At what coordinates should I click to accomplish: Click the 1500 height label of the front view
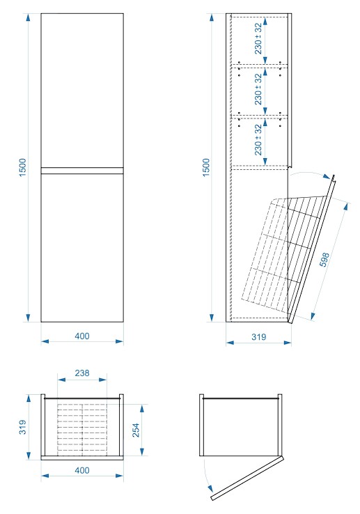[22, 168]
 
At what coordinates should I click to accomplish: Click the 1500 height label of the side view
[206, 168]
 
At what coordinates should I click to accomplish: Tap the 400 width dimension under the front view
[82, 336]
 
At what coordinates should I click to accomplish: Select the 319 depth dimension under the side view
[259, 337]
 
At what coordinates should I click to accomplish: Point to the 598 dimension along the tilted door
[324, 260]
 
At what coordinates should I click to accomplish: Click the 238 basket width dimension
[82, 373]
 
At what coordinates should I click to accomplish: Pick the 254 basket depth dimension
[136, 430]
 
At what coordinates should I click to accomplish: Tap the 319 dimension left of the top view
[22, 427]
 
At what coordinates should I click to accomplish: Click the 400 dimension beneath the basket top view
[82, 470]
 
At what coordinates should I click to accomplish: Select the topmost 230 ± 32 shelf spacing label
[258, 38]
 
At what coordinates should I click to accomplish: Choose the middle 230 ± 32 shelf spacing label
[258, 89]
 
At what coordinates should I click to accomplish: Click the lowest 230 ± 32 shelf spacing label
[258, 140]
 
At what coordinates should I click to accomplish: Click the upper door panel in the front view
[82, 91]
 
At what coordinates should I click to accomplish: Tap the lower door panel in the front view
[82, 247]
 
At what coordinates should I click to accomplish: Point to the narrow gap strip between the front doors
[82, 171]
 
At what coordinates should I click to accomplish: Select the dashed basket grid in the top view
[82, 428]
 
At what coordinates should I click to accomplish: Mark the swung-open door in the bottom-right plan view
[247, 478]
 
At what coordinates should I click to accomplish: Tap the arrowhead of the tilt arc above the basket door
[327, 177]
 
